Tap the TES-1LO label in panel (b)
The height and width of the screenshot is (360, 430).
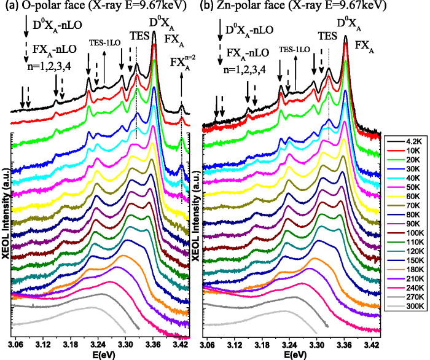pyautogui.click(x=294, y=48)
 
